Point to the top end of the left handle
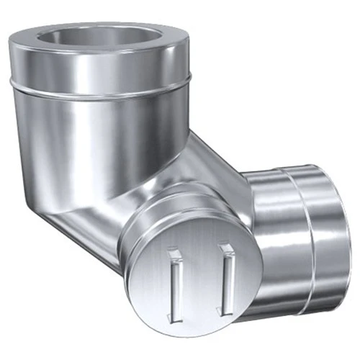(x=174, y=251)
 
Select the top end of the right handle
(x=227, y=248)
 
